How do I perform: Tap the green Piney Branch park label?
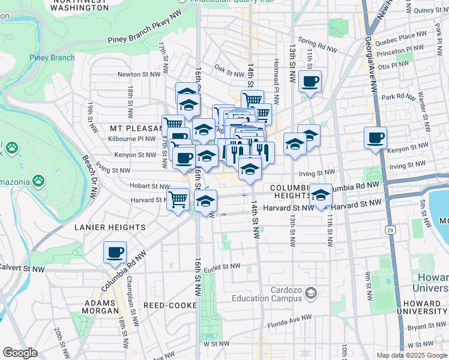(52, 58)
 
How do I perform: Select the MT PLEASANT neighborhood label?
(137, 128)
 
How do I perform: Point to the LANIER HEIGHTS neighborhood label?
(110, 227)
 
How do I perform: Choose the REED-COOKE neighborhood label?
(170, 305)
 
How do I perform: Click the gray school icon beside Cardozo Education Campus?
(311, 293)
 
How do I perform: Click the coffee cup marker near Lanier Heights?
(115, 253)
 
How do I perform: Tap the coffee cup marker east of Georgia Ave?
(375, 138)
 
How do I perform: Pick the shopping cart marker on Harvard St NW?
(178, 198)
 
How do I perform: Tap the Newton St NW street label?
(139, 74)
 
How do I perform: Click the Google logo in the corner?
(20, 353)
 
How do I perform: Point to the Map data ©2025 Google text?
(411, 355)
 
